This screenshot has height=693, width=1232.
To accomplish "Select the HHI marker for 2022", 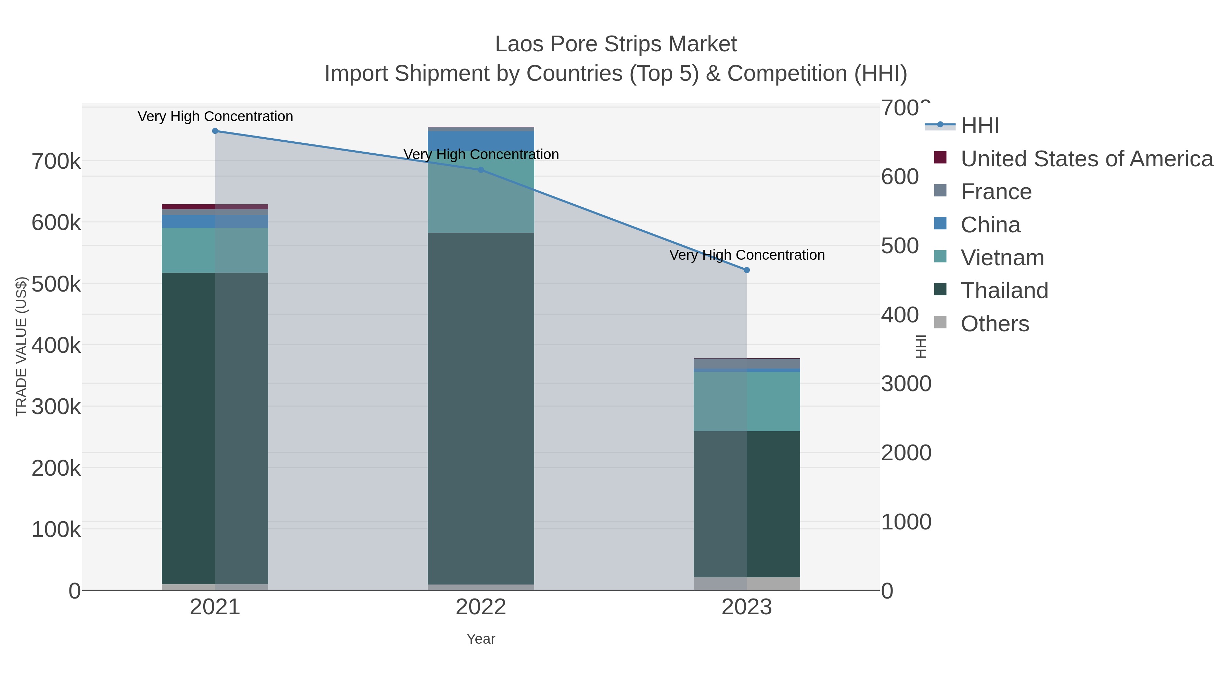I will pos(481,170).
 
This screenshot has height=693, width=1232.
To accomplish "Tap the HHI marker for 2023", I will pos(747,270).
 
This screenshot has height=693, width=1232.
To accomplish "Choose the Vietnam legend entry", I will pos(1002,258).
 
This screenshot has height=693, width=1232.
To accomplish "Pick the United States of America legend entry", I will pos(1086,159).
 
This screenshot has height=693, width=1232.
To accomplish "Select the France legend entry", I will pos(996,192).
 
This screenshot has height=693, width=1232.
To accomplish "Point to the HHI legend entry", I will pos(979,126).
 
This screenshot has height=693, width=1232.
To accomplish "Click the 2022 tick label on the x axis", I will pos(481,607).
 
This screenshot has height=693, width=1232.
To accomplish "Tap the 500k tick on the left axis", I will pos(56,284).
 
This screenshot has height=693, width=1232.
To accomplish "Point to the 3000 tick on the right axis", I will pos(906,384).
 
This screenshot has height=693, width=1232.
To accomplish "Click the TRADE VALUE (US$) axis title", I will pos(22,346).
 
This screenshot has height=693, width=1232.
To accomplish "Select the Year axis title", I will pos(481,639).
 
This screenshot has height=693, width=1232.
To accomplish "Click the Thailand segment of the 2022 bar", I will pos(481,407).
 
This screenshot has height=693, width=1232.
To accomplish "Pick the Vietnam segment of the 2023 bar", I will pos(747,402).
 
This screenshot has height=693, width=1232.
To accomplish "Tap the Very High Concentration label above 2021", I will pos(215,117).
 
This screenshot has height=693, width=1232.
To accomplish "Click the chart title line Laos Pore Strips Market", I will pos(616,44).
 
